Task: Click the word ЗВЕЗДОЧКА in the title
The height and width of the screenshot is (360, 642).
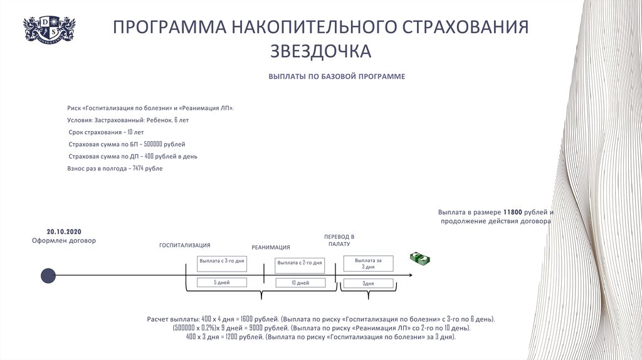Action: pos(320,51)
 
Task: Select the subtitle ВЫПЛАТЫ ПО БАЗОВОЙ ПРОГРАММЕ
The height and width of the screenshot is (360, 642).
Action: pos(337,77)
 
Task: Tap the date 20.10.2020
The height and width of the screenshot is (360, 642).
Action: pos(64,230)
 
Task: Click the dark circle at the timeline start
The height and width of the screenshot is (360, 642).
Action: pos(48,275)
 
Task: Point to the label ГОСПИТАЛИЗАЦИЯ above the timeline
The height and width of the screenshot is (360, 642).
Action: pos(184,245)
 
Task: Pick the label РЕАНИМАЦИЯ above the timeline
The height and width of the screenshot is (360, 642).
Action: pos(271,247)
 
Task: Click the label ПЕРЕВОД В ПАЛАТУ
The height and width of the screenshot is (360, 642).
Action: pos(339,240)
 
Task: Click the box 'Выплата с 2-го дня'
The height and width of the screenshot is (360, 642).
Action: pos(300,263)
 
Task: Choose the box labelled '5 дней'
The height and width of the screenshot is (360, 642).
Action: pos(221,283)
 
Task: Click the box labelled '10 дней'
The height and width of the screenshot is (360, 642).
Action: pos(300,283)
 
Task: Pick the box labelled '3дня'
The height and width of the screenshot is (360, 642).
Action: pos(368,283)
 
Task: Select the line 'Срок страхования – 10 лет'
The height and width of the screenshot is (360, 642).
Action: pos(107,132)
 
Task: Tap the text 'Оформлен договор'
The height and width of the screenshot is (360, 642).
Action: pos(64,240)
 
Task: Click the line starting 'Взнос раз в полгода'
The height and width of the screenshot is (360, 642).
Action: pos(115,168)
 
